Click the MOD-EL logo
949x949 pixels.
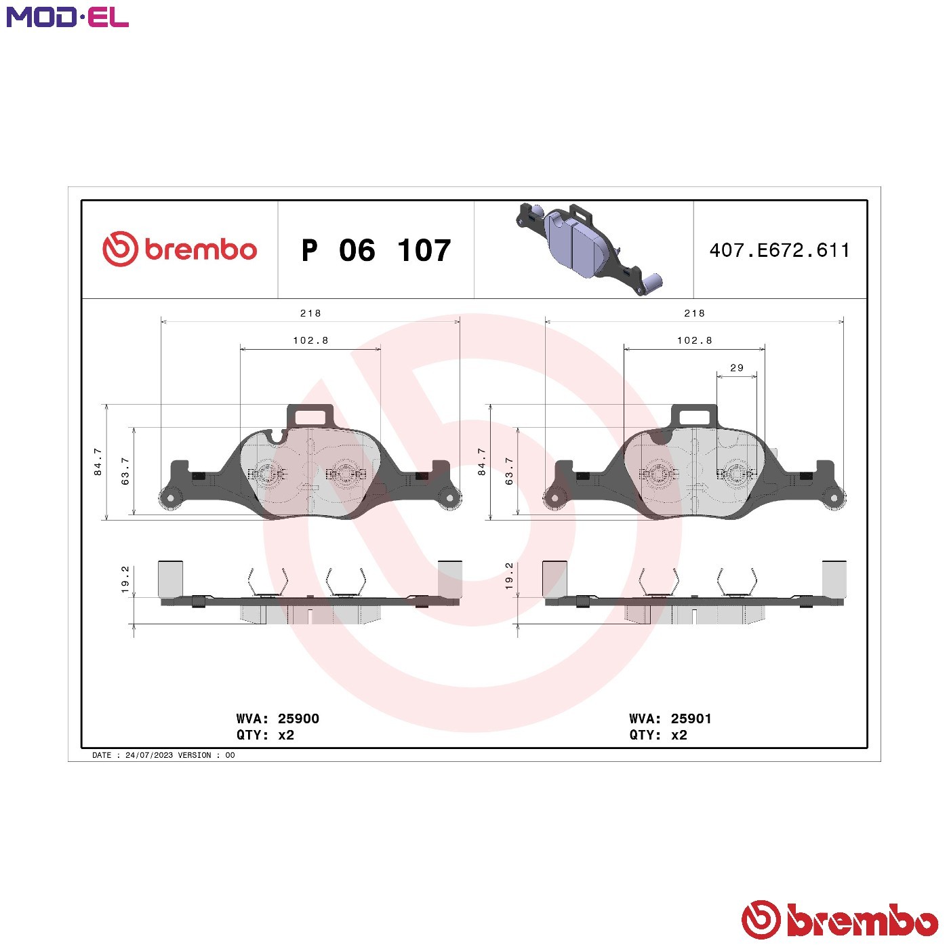tap(68, 17)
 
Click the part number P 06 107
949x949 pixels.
tap(376, 250)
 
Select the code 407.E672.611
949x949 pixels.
tap(780, 250)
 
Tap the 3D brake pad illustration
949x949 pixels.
tap(589, 249)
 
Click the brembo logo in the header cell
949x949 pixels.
tap(180, 249)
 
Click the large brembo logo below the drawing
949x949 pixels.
tap(840, 919)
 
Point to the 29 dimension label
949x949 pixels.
tap(737, 368)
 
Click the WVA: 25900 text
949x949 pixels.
tap(278, 719)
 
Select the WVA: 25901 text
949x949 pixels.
tap(670, 719)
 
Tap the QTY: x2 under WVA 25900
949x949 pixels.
tap(266, 735)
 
